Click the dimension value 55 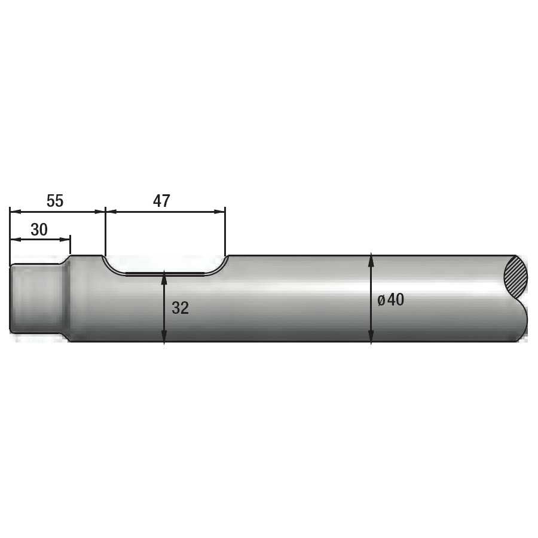[x=55, y=201]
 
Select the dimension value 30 [x=39, y=230]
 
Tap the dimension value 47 [x=161, y=201]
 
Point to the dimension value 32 [x=180, y=308]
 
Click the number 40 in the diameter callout [x=395, y=299]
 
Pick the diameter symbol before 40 [x=381, y=300]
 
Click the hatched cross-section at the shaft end [x=516, y=277]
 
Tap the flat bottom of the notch [x=164, y=274]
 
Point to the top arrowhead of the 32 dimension [x=164, y=277]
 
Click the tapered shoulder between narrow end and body [x=66, y=297]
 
